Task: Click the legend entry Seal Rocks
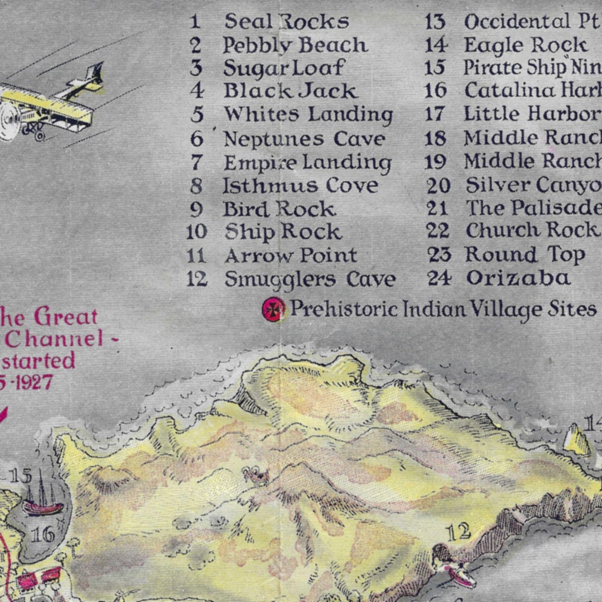point(287,22)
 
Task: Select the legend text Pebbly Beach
point(295,45)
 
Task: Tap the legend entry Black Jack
point(291,91)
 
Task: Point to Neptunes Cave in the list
point(304,139)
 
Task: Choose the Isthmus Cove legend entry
point(300,185)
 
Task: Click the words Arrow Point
point(291,255)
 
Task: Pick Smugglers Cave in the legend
point(309,279)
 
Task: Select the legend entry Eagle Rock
point(526,45)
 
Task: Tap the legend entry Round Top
point(524,255)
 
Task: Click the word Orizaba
point(518,278)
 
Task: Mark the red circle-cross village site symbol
point(273,309)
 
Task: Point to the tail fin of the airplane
point(93,75)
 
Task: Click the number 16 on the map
point(43,533)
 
